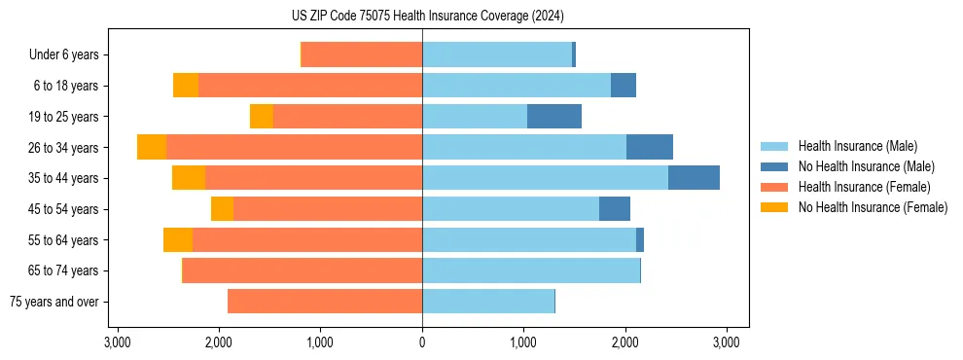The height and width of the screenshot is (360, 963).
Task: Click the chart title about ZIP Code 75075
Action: click(x=421, y=17)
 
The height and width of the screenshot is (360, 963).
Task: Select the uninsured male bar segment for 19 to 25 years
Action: click(x=554, y=117)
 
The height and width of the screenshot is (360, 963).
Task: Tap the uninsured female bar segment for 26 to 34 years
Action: click(x=152, y=147)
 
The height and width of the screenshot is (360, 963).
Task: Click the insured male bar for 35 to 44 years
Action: click(x=545, y=178)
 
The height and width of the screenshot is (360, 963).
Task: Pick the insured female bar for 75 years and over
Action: click(x=325, y=302)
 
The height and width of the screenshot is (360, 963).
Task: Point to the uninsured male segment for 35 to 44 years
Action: click(x=694, y=178)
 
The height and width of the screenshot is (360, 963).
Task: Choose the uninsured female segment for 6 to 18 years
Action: click(x=186, y=86)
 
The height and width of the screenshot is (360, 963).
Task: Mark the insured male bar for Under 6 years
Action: click(x=497, y=54)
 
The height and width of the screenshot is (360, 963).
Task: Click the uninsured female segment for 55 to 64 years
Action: click(x=178, y=240)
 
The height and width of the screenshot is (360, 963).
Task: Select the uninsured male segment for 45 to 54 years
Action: click(x=615, y=209)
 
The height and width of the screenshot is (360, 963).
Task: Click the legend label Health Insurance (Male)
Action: click(x=857, y=146)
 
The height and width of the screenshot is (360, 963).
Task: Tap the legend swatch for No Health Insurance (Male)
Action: click(x=774, y=166)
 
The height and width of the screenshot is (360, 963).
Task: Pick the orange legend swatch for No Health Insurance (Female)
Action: click(x=774, y=207)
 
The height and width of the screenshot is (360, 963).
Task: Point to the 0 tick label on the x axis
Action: click(x=422, y=342)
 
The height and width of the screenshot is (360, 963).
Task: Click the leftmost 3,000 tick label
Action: click(x=117, y=342)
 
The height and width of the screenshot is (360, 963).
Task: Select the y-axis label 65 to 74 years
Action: click(x=63, y=270)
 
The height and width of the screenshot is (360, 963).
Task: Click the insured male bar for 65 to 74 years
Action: click(x=531, y=270)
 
